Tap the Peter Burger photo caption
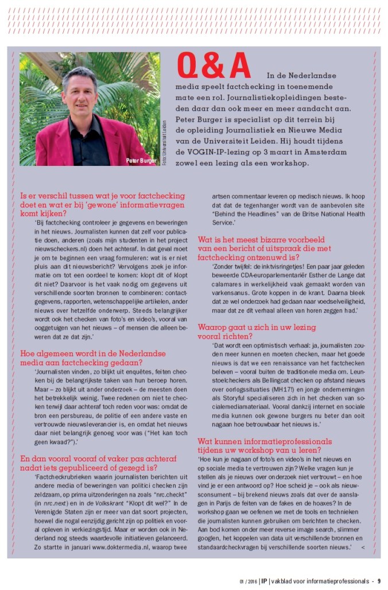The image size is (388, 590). [141, 161]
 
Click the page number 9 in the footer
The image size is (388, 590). [379, 580]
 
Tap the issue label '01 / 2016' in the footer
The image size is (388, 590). [248, 580]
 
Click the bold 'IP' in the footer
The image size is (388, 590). [263, 580]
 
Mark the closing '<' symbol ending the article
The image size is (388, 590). [362, 548]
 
